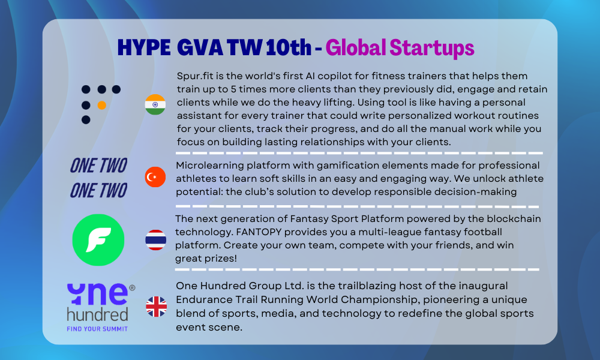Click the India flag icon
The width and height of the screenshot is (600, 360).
pyautogui.click(x=155, y=104)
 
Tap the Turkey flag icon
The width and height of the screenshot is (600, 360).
pyautogui.click(x=155, y=177)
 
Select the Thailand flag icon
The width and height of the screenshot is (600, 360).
pyautogui.click(x=156, y=240)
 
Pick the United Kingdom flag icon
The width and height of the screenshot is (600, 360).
pyautogui.click(x=157, y=307)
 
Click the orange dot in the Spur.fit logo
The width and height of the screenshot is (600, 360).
pyautogui.click(x=102, y=105)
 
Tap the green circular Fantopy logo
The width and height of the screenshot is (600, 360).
pyautogui.click(x=98, y=240)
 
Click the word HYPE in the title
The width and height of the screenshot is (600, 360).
pyautogui.click(x=144, y=48)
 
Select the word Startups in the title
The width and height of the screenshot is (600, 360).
pyautogui.click(x=431, y=48)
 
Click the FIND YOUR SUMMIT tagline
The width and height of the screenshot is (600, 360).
pyautogui.click(x=97, y=329)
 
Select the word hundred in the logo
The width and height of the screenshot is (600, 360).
pyautogui.click(x=98, y=314)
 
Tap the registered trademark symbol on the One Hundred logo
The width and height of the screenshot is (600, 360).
pyautogui.click(x=132, y=287)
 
